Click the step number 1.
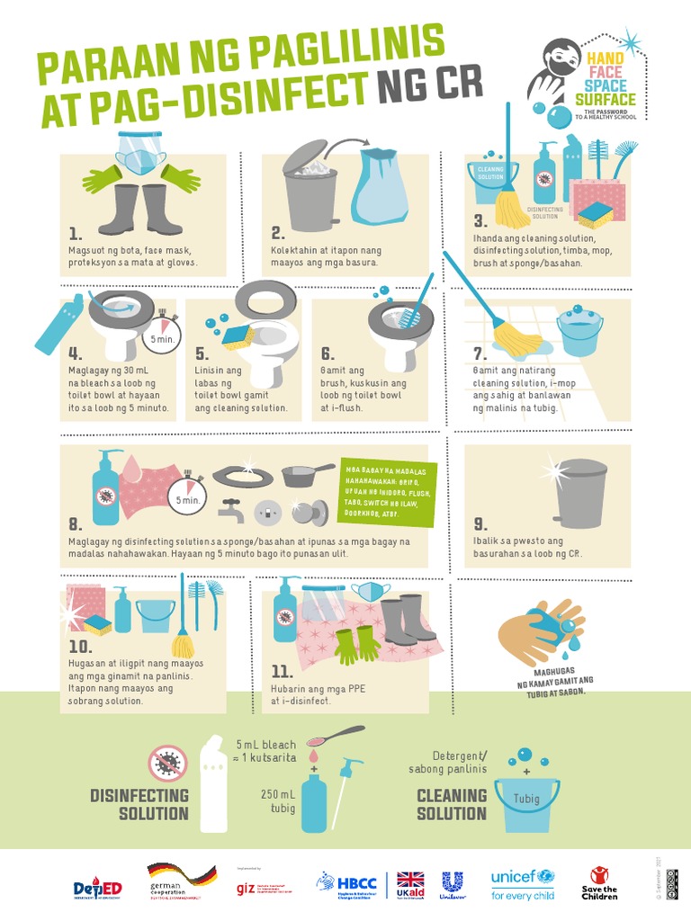[x=75, y=231]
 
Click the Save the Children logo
[x=599, y=883]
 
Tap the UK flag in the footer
[x=410, y=879]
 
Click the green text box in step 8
[x=390, y=494]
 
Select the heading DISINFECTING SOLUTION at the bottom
[x=139, y=804]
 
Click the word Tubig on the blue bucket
[x=526, y=799]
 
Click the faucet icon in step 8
[x=231, y=510]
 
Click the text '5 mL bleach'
[x=265, y=746]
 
